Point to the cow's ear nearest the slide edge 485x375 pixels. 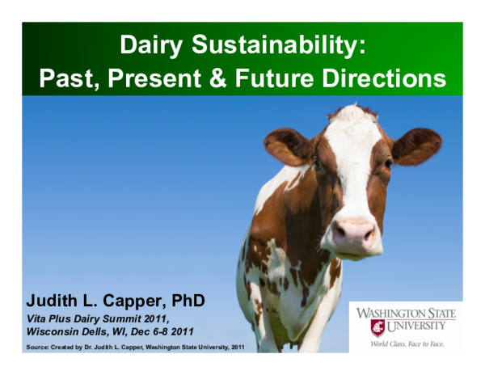(x=417, y=145)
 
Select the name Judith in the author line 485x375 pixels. (x=53, y=301)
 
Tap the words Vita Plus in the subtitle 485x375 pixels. (x=51, y=319)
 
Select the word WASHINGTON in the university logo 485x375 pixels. (x=406, y=314)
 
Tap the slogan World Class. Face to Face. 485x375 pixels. (x=407, y=343)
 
